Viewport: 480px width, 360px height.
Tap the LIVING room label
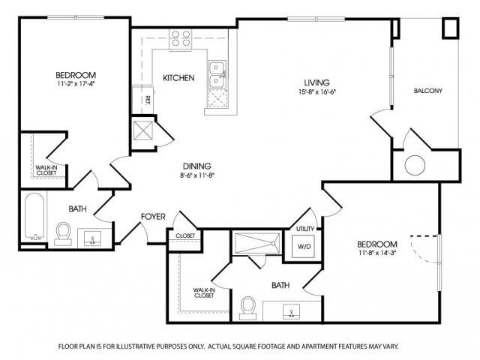tap(316, 82)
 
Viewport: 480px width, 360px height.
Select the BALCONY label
tap(427, 91)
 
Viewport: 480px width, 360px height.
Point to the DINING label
tap(196, 166)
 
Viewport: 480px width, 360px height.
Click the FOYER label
tap(153, 217)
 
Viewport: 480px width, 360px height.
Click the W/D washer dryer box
tap(305, 246)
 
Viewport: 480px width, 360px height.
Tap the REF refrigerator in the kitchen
tap(147, 98)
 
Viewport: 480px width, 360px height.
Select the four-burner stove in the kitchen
tap(180, 38)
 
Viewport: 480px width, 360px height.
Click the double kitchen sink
tap(217, 73)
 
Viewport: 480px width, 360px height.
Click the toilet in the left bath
tap(63, 235)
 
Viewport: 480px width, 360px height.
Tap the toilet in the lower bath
tap(249, 307)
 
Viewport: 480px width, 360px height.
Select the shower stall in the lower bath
tap(256, 244)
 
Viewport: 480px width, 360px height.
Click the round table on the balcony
tap(415, 165)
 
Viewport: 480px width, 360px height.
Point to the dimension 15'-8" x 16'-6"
tap(319, 92)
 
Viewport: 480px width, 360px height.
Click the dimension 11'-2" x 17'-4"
tap(75, 85)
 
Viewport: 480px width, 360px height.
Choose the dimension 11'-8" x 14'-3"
tap(376, 254)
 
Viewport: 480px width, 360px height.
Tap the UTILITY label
tap(304, 228)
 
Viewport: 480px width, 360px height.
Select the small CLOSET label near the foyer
tap(185, 235)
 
